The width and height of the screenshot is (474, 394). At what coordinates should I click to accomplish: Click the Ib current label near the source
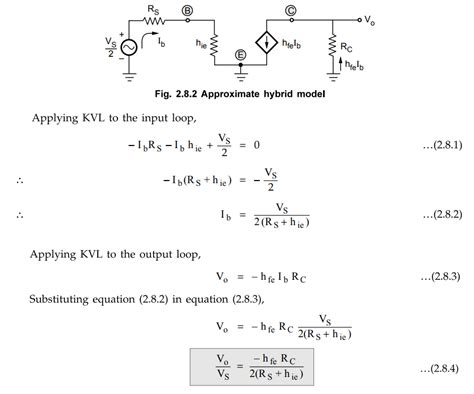[x=164, y=48]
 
